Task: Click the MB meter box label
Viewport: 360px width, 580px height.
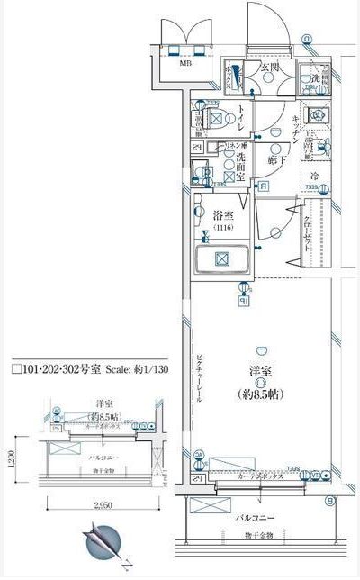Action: coord(184,64)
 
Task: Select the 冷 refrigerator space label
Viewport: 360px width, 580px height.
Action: coord(315,176)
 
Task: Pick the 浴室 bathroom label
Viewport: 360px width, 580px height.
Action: coord(223,216)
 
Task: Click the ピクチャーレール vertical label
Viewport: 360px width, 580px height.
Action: coord(199,378)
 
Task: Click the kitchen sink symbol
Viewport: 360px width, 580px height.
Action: coord(316,115)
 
